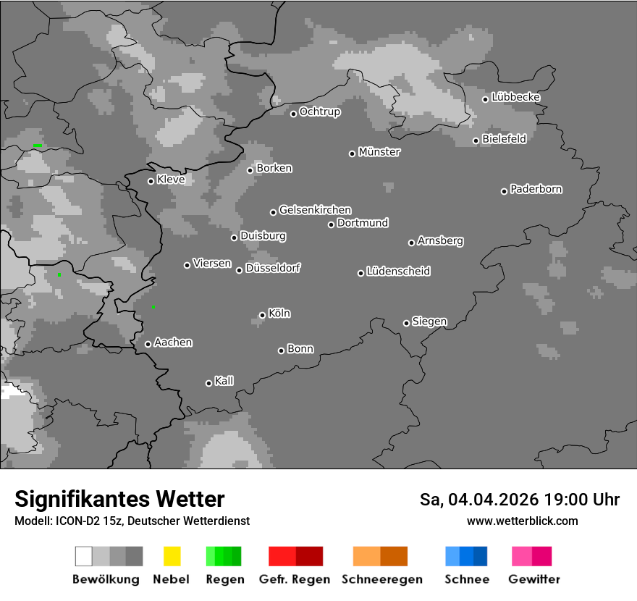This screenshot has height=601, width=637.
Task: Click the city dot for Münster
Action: click(352, 154)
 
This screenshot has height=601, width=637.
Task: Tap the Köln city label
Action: click(279, 314)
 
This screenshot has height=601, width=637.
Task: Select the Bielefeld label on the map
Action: click(504, 139)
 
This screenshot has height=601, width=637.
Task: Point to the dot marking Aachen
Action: click(148, 344)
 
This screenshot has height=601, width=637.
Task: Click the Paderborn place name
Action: click(536, 190)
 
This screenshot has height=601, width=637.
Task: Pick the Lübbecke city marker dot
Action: click(486, 99)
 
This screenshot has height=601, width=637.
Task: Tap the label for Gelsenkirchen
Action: click(315, 211)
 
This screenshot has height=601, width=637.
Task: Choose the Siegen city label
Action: click(429, 321)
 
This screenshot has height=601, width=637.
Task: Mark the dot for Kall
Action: click(208, 383)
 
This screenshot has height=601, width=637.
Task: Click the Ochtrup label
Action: click(319, 112)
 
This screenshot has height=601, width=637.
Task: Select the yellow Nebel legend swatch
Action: click(172, 556)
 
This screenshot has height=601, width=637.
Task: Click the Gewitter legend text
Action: click(534, 579)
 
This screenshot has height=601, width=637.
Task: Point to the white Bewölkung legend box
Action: click(84, 556)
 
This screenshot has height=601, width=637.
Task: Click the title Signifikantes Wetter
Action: click(119, 500)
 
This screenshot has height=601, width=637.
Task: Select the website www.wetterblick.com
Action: click(522, 521)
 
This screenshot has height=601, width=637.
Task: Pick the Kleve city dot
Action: click(151, 181)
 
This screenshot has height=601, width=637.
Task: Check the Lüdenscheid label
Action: click(398, 272)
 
